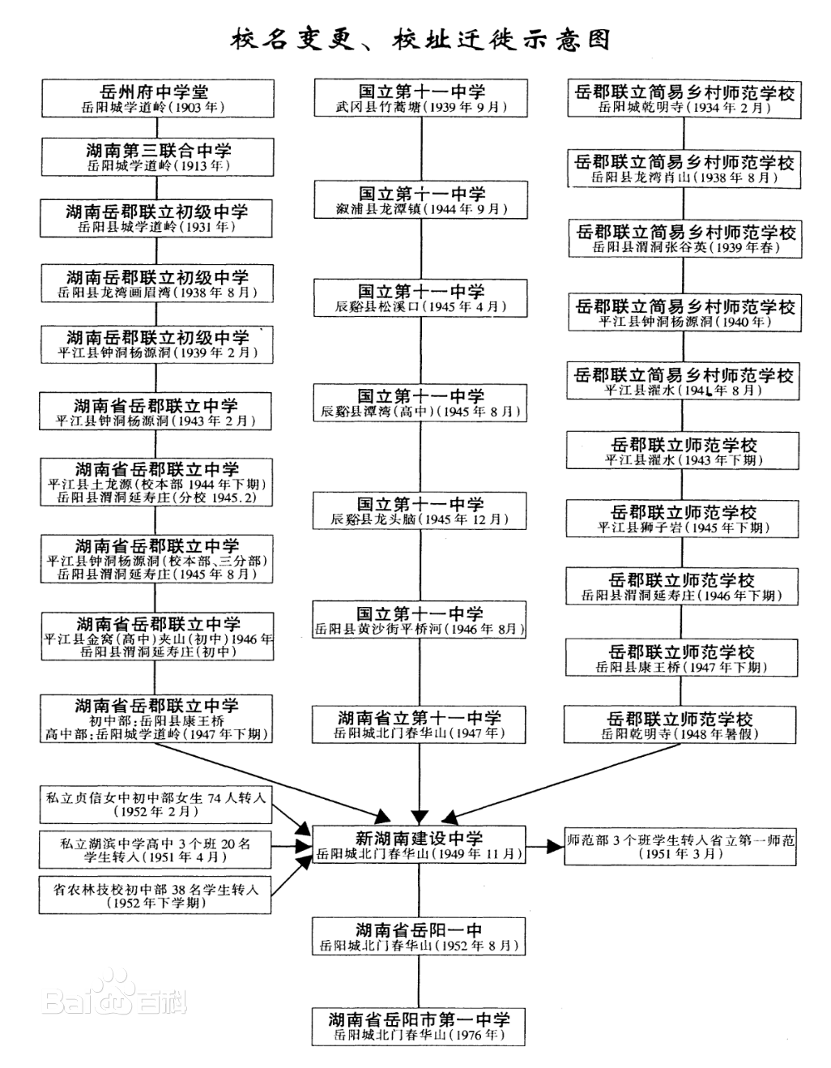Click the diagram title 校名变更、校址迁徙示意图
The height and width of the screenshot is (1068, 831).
tap(420, 40)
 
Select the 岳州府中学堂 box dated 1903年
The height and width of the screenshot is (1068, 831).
tap(158, 98)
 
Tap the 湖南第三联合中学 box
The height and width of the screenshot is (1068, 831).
tap(158, 156)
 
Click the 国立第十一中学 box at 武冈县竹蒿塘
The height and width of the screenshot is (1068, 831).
tap(421, 98)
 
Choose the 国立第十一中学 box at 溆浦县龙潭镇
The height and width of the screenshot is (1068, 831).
tap(421, 199)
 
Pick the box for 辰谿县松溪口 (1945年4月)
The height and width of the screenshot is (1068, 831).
tap(420, 298)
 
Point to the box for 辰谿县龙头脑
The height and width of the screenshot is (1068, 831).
tap(420, 511)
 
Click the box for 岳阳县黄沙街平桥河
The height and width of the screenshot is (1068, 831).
tap(420, 620)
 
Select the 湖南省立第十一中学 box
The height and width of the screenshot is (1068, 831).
tap(419, 725)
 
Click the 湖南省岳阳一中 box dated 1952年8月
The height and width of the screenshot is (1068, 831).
tap(419, 936)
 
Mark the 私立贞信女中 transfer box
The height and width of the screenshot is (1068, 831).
tap(156, 805)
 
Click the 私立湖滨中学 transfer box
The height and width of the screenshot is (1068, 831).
tap(156, 850)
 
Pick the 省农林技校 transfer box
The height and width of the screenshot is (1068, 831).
tap(156, 895)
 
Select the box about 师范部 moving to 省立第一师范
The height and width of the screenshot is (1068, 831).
tap(680, 846)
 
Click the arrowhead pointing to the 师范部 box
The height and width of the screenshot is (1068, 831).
tap(556, 846)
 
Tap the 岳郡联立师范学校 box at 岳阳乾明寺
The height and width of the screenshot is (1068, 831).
tap(680, 725)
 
